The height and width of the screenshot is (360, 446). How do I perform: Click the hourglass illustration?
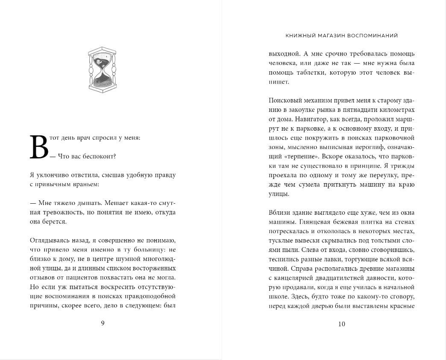click(x=102, y=69)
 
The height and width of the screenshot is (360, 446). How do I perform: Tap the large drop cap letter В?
click(x=39, y=147)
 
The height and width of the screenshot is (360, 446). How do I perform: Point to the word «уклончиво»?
click(x=50, y=175)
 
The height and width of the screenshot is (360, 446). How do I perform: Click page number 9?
click(x=103, y=323)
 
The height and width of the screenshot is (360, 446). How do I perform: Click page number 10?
click(x=341, y=324)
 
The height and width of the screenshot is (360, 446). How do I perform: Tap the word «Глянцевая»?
click(x=314, y=222)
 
